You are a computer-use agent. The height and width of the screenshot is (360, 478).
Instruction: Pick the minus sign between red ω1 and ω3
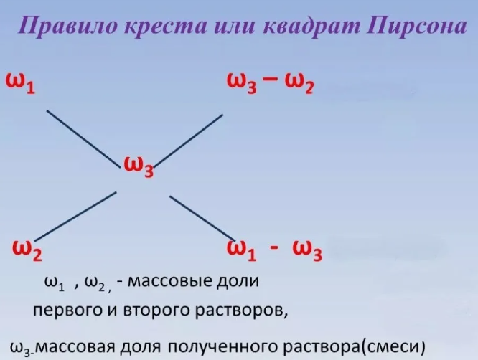[x=273, y=247]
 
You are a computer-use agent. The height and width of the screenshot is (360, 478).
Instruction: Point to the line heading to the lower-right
[x=197, y=215]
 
